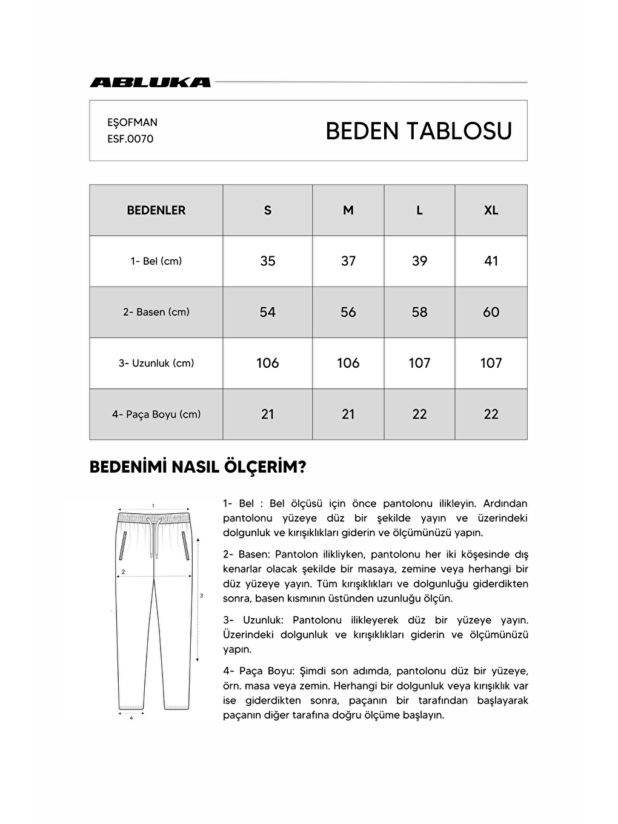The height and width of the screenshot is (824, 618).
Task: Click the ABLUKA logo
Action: pyautogui.click(x=150, y=82)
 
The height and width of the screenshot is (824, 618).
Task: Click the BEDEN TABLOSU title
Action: pyautogui.click(x=419, y=131)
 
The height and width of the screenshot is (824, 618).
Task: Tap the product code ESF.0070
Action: pyautogui.click(x=130, y=139)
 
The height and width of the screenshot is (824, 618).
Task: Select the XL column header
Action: pyautogui.click(x=491, y=210)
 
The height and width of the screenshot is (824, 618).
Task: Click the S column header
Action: pyautogui.click(x=268, y=210)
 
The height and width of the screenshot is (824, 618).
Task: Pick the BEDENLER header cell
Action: pyautogui.click(x=156, y=210)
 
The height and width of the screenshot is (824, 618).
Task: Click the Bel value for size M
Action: pyautogui.click(x=348, y=261)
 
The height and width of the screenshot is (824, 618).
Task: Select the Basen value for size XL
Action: pyautogui.click(x=491, y=312)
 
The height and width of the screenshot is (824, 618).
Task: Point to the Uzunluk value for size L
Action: pyautogui.click(x=419, y=363)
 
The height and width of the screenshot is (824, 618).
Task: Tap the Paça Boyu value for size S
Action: pyautogui.click(x=268, y=414)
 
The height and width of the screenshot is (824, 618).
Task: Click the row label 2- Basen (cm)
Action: pyautogui.click(x=156, y=312)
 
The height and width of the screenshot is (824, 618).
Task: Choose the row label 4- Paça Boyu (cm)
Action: pyautogui.click(x=156, y=414)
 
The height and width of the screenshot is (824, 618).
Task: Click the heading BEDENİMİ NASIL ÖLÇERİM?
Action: pyautogui.click(x=198, y=467)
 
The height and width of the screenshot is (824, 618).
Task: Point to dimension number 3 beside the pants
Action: pyautogui.click(x=202, y=596)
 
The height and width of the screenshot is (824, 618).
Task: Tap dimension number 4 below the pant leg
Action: pyautogui.click(x=131, y=718)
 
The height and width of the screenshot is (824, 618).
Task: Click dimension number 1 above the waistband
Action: pyautogui.click(x=153, y=505)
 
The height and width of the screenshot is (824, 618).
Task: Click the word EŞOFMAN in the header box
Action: pyautogui.click(x=132, y=122)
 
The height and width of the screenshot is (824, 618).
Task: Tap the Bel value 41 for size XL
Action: pyautogui.click(x=491, y=261)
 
